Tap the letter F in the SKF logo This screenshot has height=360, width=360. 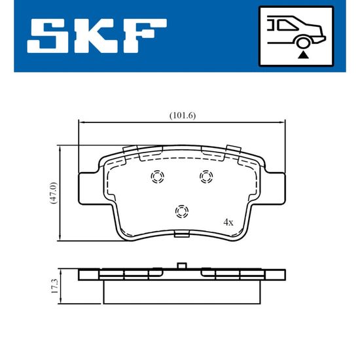click(x=145, y=36)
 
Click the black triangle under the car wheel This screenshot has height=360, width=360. click(x=303, y=55)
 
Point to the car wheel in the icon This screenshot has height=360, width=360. click(x=303, y=43)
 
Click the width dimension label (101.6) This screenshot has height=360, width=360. click(x=183, y=115)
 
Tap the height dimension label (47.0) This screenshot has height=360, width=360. click(x=54, y=193)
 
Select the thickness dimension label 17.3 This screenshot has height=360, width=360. click(x=55, y=286)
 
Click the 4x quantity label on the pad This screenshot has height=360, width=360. click(x=228, y=223)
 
